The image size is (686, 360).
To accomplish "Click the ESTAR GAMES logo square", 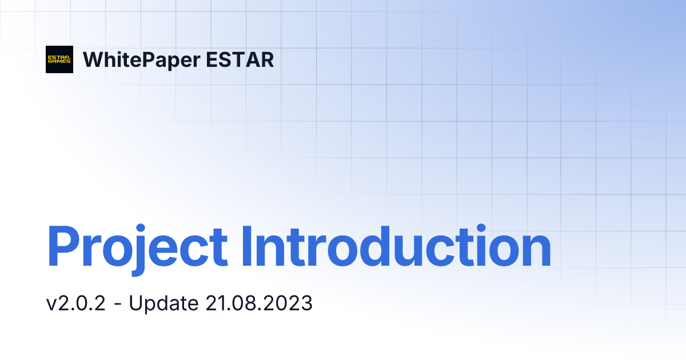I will coord(59,59).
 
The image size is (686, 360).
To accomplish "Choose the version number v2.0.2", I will coord(76,303).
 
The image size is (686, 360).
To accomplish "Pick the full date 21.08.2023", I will coord(258,303).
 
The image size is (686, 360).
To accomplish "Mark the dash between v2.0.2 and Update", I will coord(117,305).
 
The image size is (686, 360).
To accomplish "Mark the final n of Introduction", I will coord(536,251).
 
